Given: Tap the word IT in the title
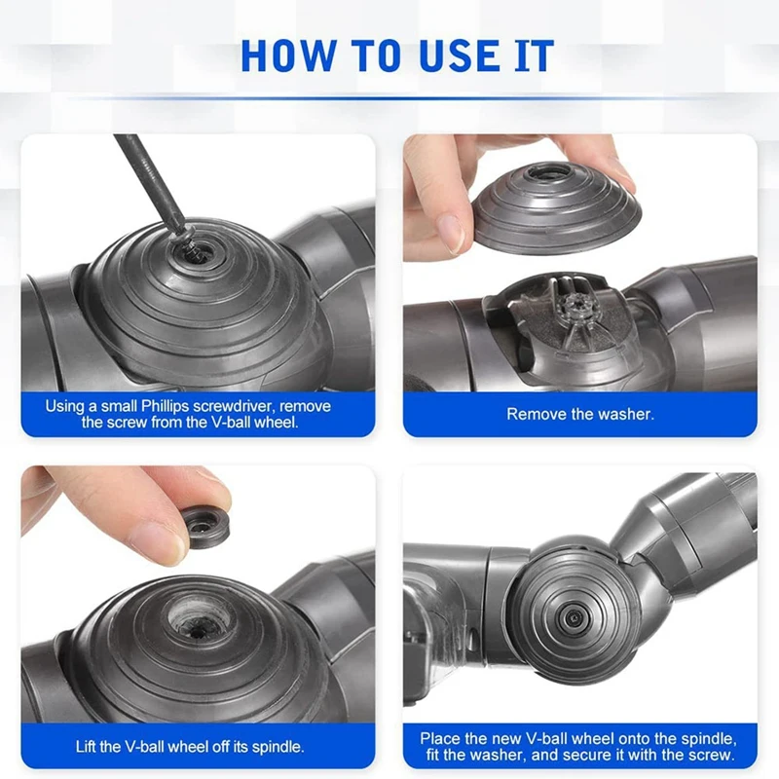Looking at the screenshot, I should click(x=532, y=56).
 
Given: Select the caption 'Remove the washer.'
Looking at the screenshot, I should click(x=580, y=414).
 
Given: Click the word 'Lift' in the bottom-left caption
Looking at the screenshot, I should click(x=89, y=747).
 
